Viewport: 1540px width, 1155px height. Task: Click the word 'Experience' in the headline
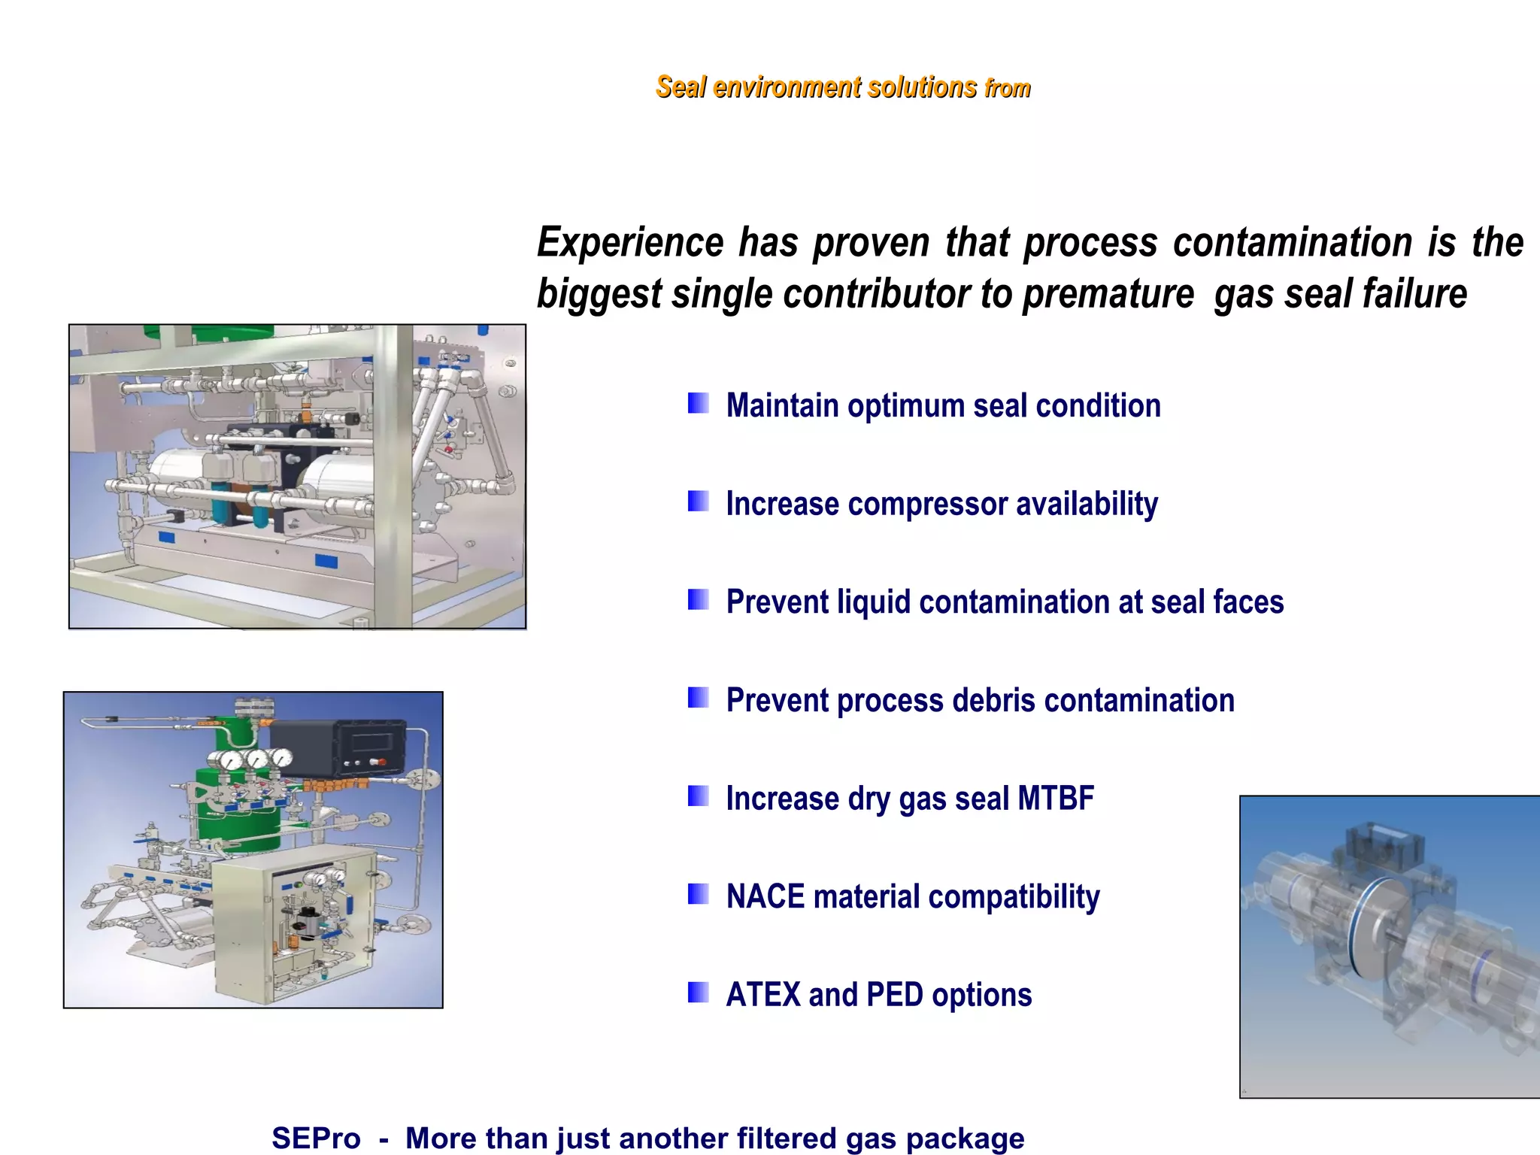pos(629,244)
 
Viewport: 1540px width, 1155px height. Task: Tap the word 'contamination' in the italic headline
pos(1292,244)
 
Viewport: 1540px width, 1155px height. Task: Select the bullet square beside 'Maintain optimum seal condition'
pos(698,403)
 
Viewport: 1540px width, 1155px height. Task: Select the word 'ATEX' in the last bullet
pos(763,995)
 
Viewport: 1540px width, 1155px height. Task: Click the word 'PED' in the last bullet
pos(894,995)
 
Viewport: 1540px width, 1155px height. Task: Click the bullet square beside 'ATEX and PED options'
pos(698,993)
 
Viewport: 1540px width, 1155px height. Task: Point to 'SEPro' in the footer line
pos(316,1138)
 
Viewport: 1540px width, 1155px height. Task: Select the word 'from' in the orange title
pos(1008,89)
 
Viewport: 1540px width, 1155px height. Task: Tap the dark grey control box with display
pos(338,748)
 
